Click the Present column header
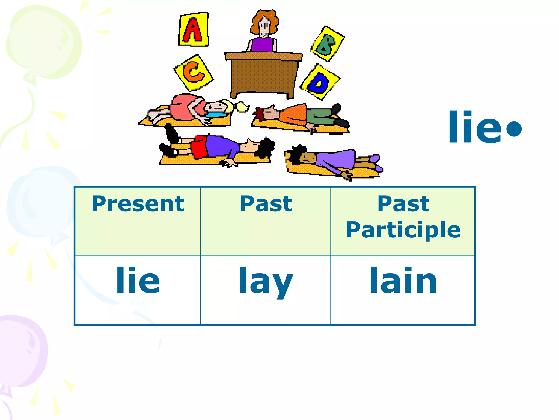[138, 204]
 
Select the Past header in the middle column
[266, 204]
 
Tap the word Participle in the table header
[403, 230]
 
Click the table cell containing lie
[138, 280]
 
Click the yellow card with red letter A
[194, 30]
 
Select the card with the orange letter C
[194, 72]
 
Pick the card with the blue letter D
[320, 82]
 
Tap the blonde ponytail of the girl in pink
[242, 107]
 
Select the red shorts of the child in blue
[199, 147]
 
